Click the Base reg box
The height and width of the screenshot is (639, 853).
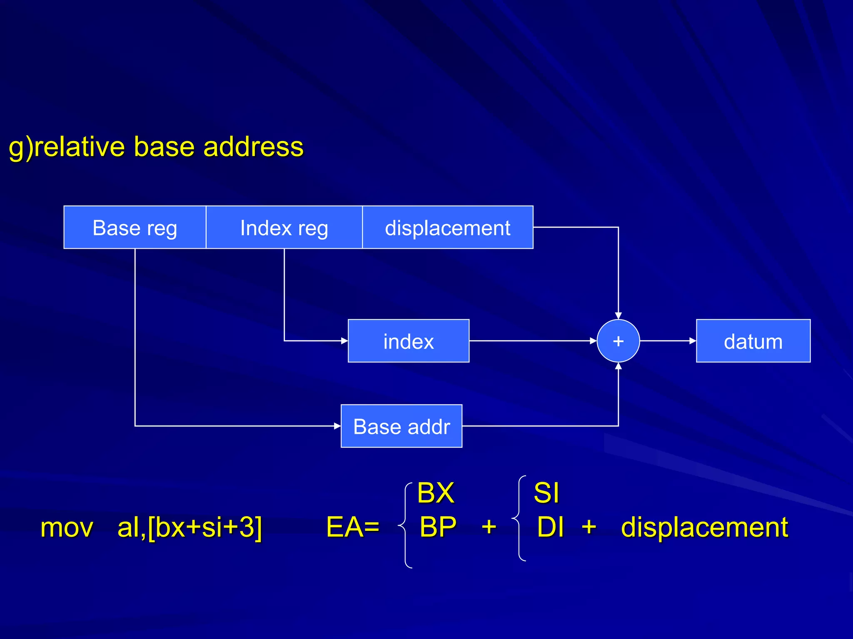(135, 227)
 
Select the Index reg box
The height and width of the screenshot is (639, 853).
(284, 227)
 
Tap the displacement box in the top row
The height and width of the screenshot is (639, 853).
(447, 227)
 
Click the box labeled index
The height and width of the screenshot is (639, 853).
(408, 341)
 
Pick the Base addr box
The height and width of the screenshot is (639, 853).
(401, 426)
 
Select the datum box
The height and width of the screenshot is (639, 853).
(753, 341)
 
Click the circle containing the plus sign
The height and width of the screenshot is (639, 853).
(618, 341)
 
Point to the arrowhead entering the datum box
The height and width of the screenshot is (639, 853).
(693, 341)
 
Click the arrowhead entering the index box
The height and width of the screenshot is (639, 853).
(344, 341)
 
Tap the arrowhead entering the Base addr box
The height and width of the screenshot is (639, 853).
(337, 426)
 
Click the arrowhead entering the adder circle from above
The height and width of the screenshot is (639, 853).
(618, 316)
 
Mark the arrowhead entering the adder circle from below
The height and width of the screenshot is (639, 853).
(618, 366)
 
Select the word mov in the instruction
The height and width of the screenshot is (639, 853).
(67, 528)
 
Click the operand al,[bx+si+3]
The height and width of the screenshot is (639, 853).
(190, 528)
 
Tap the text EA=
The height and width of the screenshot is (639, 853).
(352, 527)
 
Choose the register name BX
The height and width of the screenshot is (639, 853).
(435, 493)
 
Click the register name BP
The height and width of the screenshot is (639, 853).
(437, 527)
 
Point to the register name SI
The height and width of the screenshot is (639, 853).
(546, 493)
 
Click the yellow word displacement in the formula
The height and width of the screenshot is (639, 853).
(704, 528)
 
